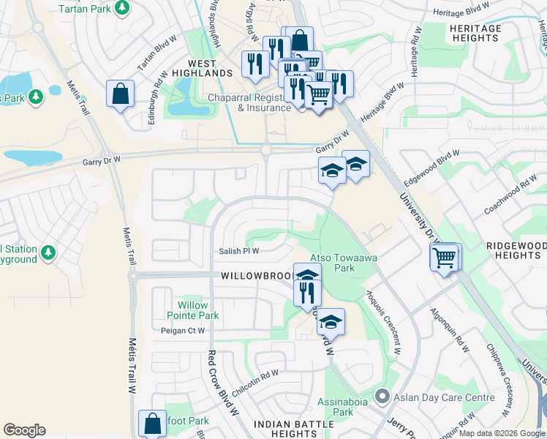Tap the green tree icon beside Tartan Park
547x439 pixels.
[122, 8]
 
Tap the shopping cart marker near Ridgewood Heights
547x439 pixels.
[445, 258]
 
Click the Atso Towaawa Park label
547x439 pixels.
[333, 263]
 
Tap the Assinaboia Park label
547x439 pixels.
[336, 407]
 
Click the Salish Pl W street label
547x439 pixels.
[240, 251]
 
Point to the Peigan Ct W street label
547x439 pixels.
[183, 331]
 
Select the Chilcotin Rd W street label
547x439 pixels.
[255, 383]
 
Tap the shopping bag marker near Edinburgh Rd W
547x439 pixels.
[119, 94]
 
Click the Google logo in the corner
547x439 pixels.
[24, 430]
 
